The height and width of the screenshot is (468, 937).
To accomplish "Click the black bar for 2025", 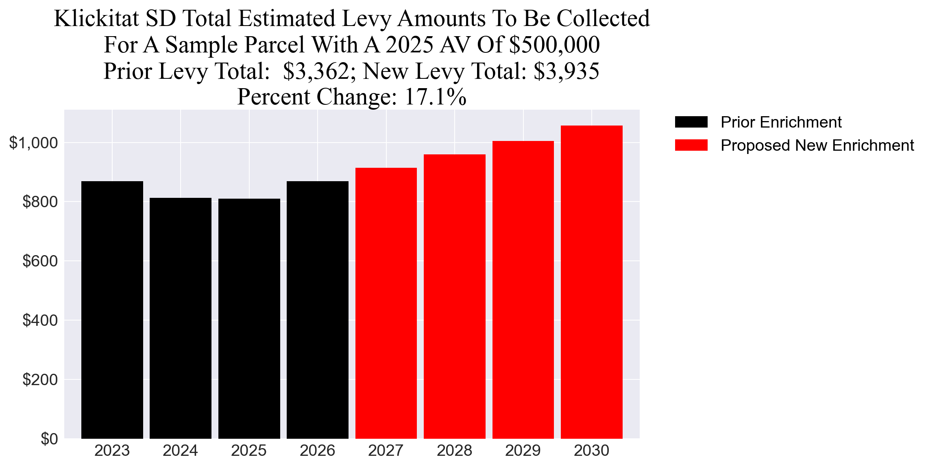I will point(249,318).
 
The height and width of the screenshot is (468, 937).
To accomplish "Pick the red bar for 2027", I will point(386,303).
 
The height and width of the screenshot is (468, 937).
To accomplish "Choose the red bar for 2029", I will point(523,290).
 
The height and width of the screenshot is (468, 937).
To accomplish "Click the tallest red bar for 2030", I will point(591,282).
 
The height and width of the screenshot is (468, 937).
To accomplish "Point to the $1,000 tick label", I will point(33,143).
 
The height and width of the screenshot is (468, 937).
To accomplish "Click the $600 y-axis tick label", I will point(40,261).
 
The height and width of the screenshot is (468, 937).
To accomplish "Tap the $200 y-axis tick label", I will point(40,380).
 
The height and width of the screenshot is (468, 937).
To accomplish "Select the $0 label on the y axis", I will point(49,439).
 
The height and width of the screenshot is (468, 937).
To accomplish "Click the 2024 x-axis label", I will point(180,451).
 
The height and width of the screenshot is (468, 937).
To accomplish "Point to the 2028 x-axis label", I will point(454,451).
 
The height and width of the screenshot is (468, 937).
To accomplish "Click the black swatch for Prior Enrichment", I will point(691,122).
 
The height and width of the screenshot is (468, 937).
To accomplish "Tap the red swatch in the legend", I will point(691,145).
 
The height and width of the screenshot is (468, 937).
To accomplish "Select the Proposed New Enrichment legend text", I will point(817,145).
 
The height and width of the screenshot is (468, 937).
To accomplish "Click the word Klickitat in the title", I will point(96,19).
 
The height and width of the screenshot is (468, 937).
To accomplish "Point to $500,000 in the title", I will point(554,45).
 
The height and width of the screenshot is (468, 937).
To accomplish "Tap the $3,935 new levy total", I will point(566,71).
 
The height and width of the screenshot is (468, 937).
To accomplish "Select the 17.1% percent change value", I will point(435,97).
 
